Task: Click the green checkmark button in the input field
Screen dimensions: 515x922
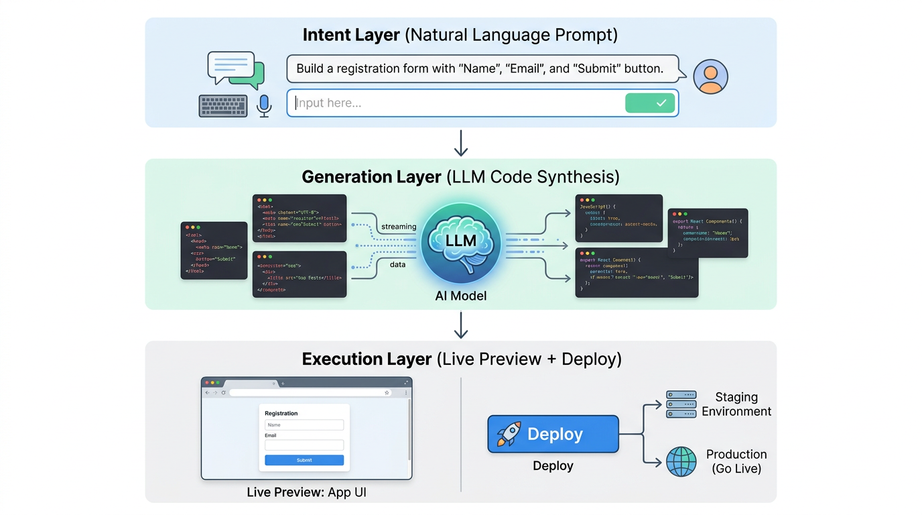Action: [649, 103]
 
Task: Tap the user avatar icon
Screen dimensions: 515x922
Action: [710, 76]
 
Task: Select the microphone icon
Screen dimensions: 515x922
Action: [264, 105]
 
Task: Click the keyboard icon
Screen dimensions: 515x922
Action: [223, 106]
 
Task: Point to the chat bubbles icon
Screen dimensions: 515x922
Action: [236, 70]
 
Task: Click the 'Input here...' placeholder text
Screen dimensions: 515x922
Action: [328, 103]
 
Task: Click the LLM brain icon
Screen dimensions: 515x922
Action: [461, 242]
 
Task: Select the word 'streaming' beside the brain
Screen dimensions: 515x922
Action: [399, 227]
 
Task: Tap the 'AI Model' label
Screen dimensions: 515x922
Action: [461, 296]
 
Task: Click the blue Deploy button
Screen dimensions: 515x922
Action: [553, 434]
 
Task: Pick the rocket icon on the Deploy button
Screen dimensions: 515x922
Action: [509, 434]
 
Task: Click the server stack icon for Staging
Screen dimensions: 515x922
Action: [681, 404]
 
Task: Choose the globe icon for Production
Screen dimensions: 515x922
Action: [681, 461]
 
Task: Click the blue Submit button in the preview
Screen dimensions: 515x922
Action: [304, 460]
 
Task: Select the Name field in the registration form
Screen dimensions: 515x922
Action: [304, 425]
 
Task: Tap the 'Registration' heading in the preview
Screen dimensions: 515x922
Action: [281, 413]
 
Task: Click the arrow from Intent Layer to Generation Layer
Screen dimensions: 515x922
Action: [461, 143]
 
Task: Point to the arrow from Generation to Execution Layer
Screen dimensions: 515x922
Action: [461, 325]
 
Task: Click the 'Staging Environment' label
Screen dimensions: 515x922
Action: [736, 404]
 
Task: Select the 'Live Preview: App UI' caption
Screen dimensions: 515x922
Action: [306, 492]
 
